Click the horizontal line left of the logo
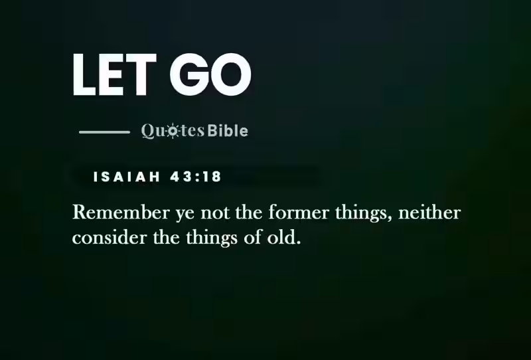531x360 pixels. point(104,132)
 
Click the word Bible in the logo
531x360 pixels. point(228,131)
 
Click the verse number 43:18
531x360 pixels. point(195,177)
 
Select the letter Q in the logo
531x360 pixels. point(148,131)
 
